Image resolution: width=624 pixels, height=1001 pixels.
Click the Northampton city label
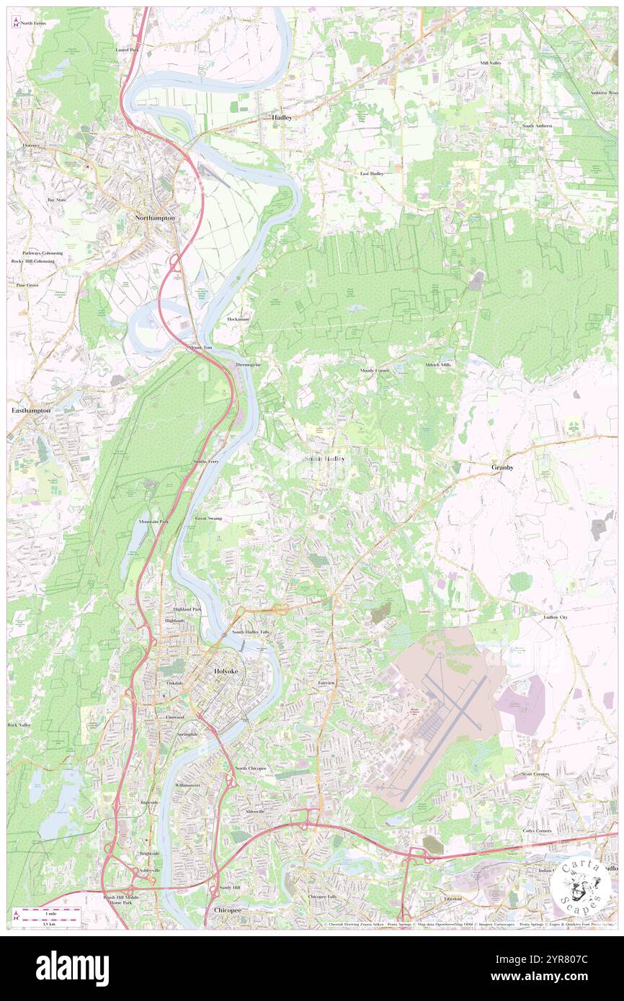[155, 217]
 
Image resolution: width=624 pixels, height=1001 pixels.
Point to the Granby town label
[502, 467]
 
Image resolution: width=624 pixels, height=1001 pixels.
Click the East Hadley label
[372, 174]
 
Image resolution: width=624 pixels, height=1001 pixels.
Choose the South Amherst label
[538, 125]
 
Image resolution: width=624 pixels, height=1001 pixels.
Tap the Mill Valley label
[491, 63]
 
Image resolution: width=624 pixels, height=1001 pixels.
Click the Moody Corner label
[375, 370]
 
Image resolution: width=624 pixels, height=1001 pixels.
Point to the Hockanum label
[238, 318]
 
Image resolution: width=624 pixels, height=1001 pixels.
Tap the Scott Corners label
[535, 774]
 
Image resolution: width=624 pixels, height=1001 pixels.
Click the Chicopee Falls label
[322, 897]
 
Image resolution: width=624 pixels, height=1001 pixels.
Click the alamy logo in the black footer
[72, 968]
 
